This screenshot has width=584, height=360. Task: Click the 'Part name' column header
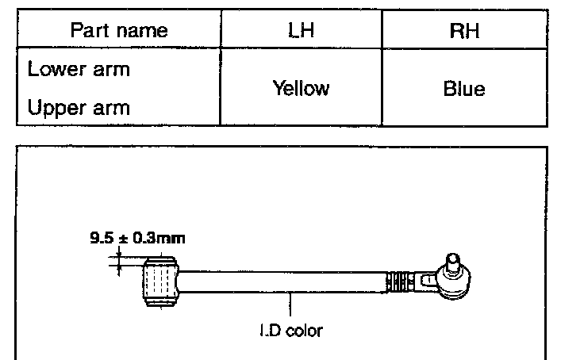[x=119, y=30]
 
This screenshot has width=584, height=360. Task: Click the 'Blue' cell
[x=463, y=89]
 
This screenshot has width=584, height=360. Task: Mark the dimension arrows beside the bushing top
[x=119, y=259]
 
